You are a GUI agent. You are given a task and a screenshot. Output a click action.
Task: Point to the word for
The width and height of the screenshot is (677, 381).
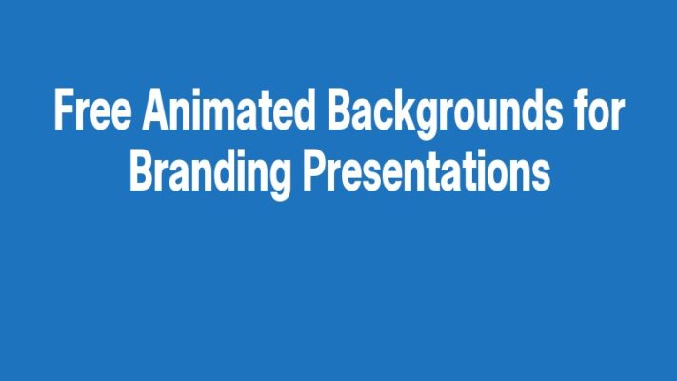click(x=598, y=113)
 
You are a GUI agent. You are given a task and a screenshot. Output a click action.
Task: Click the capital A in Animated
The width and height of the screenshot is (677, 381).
click(x=156, y=113)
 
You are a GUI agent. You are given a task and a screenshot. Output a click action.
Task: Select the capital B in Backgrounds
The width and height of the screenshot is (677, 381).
click(x=340, y=113)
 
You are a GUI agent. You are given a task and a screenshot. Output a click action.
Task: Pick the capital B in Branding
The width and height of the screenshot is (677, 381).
click(x=141, y=172)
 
